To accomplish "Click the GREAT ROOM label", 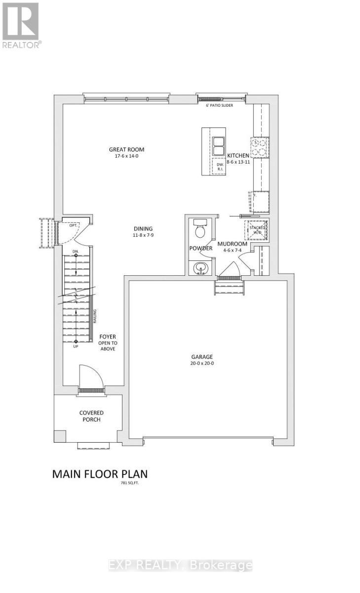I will click(126, 150).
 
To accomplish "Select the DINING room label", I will click(143, 229).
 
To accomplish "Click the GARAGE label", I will click(202, 357).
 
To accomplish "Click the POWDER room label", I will click(200, 248).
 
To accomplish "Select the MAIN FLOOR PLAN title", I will click(100, 474).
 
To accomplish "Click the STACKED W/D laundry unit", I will click(256, 230).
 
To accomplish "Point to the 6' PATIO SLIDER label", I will click(219, 105).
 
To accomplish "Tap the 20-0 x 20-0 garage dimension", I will click(202, 363).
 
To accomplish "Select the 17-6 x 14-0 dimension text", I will click(126, 157).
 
